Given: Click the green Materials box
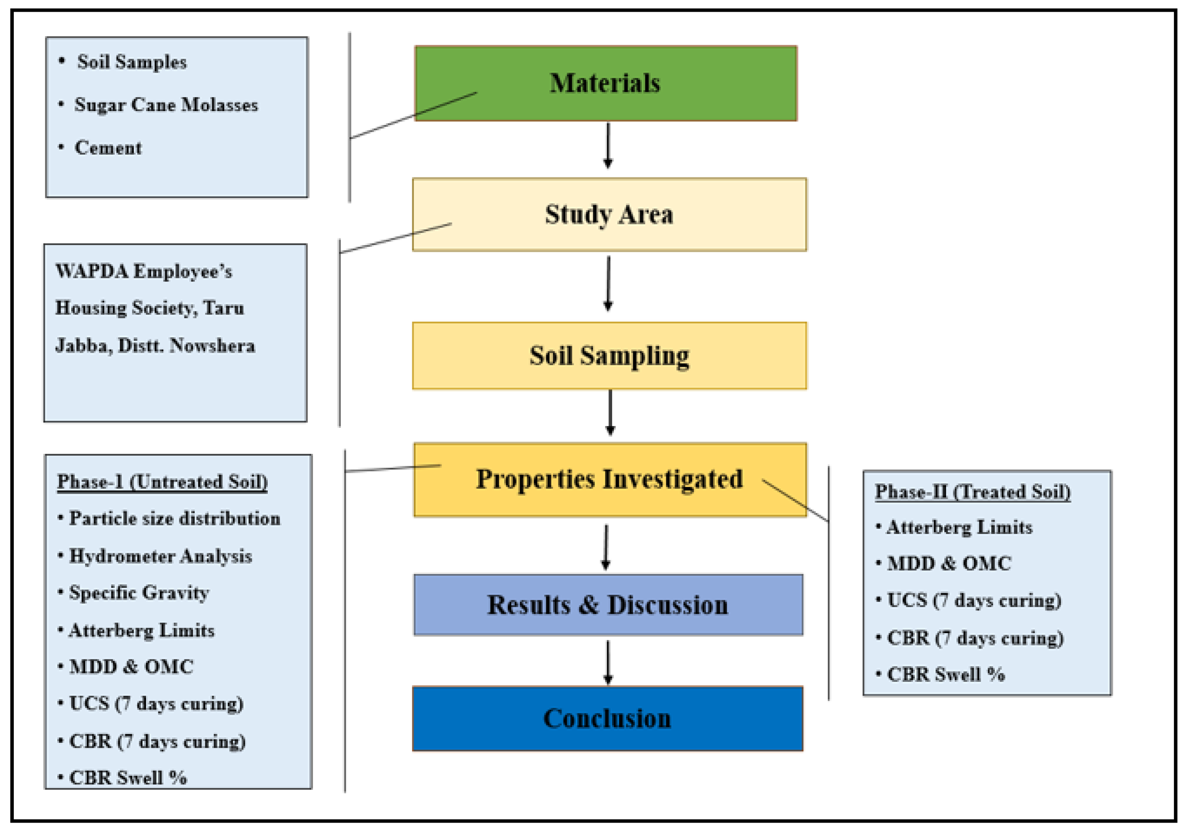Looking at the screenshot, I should pos(605,83).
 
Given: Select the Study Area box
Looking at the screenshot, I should pos(609,214).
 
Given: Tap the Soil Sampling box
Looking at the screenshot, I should pos(609,355).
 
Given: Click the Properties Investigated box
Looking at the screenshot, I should pos(609,479).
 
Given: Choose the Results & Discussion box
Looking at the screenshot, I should pos(608,605).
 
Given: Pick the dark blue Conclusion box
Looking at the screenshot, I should pos(607,719).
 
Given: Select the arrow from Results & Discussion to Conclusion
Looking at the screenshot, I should pos(608,662).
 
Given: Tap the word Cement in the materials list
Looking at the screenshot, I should pos(108,148).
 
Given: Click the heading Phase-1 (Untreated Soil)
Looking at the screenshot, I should pos(163,482).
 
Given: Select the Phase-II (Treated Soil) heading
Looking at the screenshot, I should pos(973,491).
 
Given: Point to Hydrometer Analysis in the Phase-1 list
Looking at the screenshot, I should pos(160,556).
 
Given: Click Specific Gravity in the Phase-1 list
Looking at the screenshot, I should pos(139,592).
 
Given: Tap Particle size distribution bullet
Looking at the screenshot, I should pos(174,518).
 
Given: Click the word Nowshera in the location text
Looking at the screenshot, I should pos(213,345).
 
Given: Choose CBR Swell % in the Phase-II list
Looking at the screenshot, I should pos(946,675).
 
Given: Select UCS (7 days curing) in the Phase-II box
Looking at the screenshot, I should pos(973,600).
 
